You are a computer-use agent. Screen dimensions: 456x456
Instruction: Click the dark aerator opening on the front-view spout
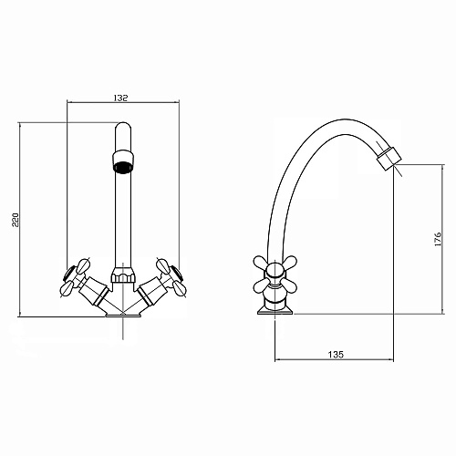[121, 165]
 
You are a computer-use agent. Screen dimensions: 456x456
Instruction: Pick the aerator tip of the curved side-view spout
[389, 158]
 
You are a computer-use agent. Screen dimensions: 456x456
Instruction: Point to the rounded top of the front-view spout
[121, 132]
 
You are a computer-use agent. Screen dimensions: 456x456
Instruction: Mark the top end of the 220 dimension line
[19, 123]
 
